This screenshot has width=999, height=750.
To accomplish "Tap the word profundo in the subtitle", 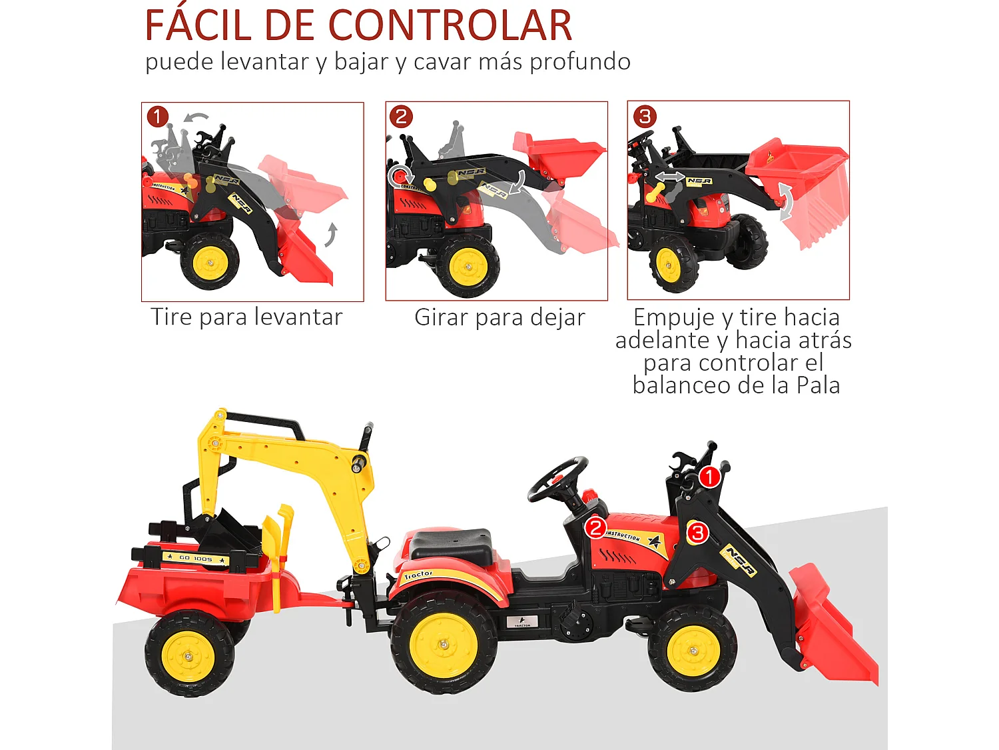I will point(580,62).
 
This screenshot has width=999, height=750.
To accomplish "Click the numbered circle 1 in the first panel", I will point(158,117).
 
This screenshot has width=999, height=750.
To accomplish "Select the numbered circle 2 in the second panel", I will point(401,117).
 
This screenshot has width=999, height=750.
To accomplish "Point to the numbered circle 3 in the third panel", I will point(644,117).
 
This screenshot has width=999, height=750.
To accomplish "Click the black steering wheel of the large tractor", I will point(558,478).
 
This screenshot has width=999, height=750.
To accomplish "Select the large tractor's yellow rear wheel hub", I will point(444,645).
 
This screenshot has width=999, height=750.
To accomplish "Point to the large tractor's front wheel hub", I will point(693,650).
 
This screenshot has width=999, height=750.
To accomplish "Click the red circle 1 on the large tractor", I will point(709,477).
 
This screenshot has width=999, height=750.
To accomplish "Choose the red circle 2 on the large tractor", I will point(595,528).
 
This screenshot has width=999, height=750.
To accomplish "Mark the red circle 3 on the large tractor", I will point(697,532).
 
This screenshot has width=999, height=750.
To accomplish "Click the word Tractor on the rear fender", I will point(418,575).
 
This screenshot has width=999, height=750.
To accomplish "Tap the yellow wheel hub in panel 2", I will point(468,267).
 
